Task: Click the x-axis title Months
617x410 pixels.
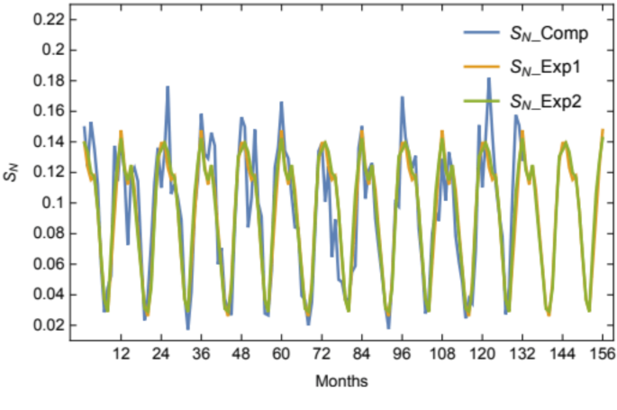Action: [341, 381]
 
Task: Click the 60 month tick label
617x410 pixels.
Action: [281, 354]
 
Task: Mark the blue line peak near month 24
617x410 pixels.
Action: [168, 87]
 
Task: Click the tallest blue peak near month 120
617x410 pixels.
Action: [489, 78]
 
